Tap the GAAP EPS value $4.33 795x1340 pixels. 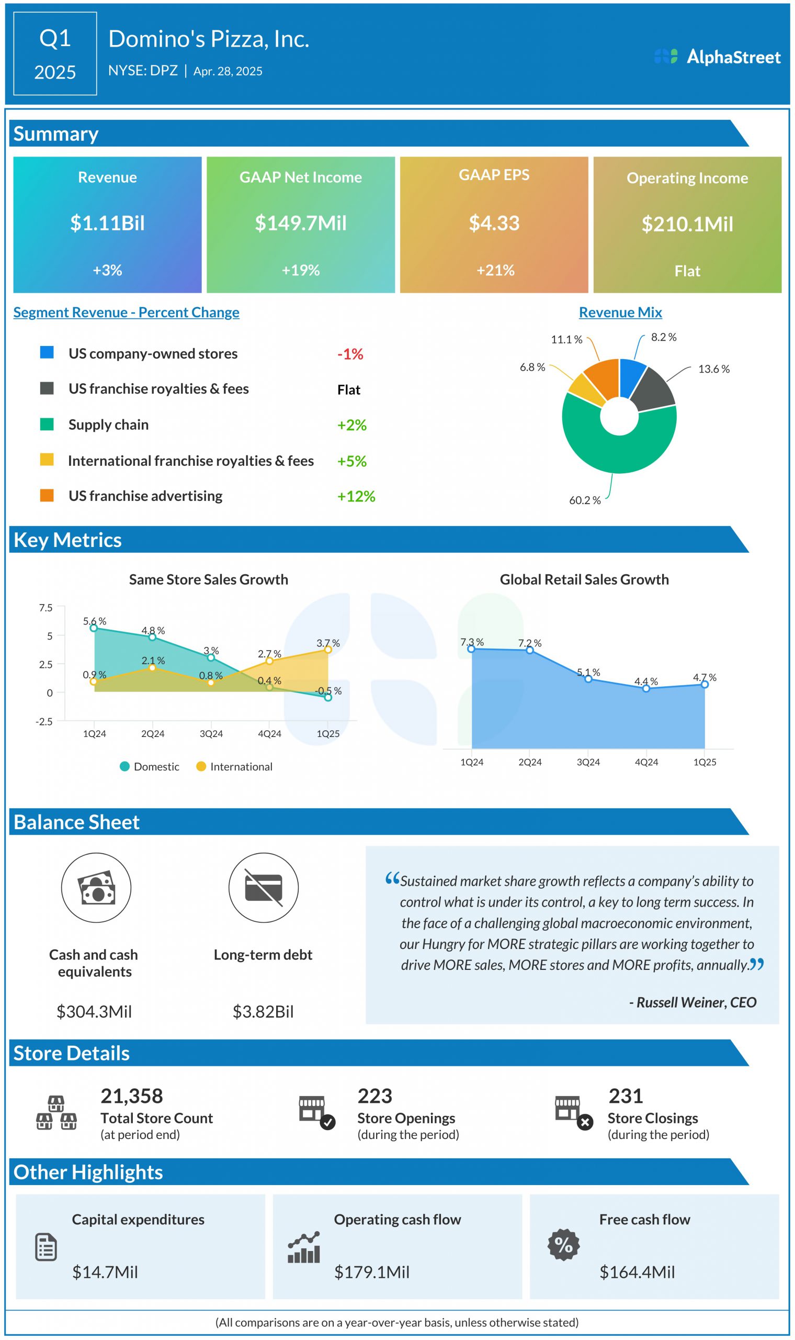(494, 223)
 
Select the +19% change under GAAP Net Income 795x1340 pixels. (301, 270)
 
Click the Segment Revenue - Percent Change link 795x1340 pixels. (127, 312)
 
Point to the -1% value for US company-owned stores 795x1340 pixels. (350, 354)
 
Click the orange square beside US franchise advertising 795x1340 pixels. (47, 495)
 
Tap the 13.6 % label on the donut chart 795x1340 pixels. (713, 370)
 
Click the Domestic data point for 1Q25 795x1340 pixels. (328, 697)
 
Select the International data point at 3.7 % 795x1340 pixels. (328, 650)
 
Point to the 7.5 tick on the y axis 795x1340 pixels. (46, 608)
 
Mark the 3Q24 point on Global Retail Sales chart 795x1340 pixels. (588, 679)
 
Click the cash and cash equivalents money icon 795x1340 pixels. (96, 888)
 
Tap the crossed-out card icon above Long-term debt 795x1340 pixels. (264, 888)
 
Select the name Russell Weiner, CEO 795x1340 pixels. (692, 1002)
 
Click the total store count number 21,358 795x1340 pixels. (132, 1096)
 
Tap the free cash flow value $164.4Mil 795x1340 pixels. (637, 1272)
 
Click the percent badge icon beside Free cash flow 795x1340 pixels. (564, 1245)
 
